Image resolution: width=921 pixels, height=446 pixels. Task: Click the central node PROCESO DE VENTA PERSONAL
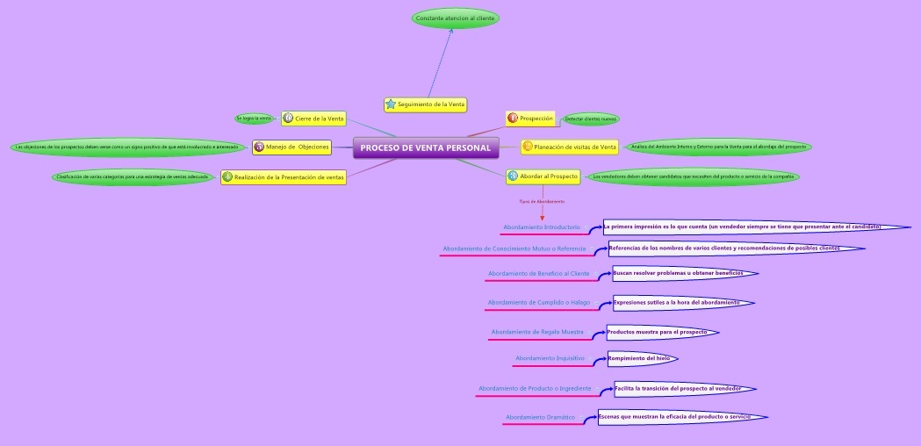[x=426, y=147]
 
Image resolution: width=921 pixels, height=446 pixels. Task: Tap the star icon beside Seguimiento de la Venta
[x=391, y=104]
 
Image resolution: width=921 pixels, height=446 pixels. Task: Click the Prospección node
[x=531, y=118]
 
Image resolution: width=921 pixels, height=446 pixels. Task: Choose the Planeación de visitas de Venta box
[x=570, y=147]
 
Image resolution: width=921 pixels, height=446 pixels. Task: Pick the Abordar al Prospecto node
[x=543, y=176]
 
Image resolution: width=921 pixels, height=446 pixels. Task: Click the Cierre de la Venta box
[x=313, y=118]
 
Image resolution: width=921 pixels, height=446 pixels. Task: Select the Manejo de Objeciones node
[x=292, y=147]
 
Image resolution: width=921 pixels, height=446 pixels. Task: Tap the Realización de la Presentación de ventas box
[x=283, y=176]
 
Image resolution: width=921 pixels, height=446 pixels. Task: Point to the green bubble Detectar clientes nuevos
[x=591, y=119]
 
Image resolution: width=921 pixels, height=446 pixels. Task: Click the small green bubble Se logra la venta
[x=254, y=118]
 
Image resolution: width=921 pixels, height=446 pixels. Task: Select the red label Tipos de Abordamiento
[x=542, y=201]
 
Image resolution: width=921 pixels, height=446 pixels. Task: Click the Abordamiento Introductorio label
[x=542, y=227]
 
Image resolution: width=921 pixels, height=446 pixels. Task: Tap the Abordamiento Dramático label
[x=540, y=417]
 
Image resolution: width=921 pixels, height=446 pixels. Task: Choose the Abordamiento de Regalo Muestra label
[x=537, y=332]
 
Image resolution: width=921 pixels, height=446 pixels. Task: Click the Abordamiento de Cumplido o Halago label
[x=539, y=303]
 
